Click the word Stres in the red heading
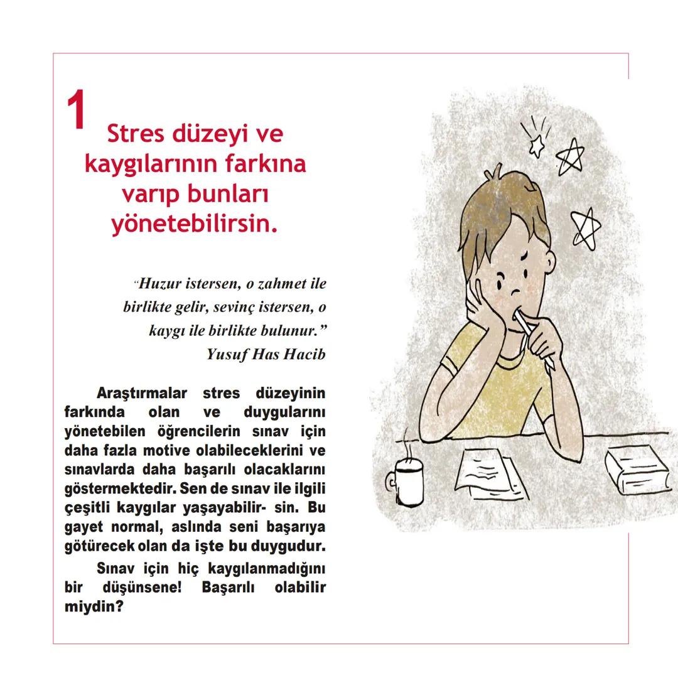[134, 134]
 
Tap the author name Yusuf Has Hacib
[266, 355]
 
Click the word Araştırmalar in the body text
[142, 394]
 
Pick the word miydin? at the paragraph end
[94, 608]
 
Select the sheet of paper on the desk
[488, 473]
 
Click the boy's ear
[547, 262]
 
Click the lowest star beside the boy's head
[585, 229]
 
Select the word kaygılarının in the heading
[154, 164]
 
